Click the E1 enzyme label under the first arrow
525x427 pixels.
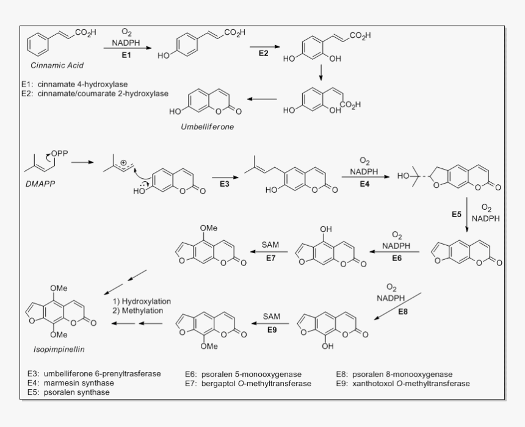(126, 54)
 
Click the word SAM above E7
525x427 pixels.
(270, 245)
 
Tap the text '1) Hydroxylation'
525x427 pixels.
(142, 301)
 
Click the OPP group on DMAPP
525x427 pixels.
(60, 152)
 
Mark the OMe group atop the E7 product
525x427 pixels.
(208, 228)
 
